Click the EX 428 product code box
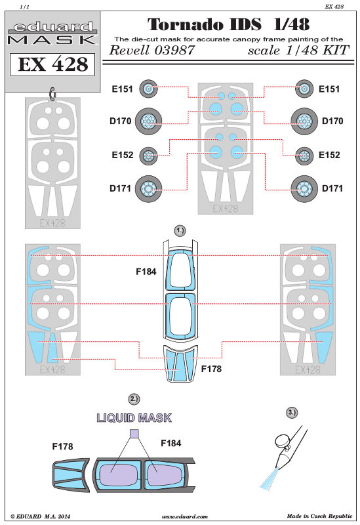52,64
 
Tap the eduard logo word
52,27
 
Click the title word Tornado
186,24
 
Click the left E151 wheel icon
148,89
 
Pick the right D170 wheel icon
304,121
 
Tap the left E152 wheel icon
148,156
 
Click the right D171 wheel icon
304,189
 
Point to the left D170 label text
121,121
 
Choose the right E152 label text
329,155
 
